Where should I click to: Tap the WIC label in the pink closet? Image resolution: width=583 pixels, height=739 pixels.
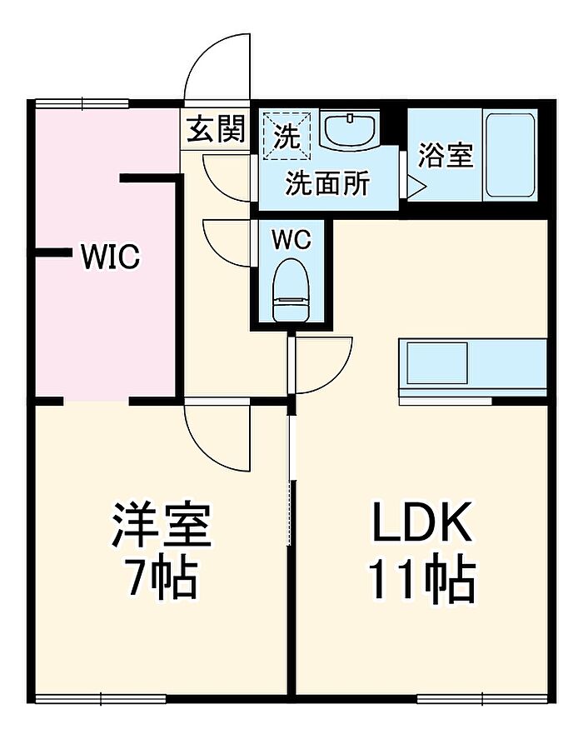110,257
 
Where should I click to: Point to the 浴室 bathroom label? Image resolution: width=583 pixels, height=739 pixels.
446,155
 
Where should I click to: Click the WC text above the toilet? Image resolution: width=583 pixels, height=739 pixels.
291,240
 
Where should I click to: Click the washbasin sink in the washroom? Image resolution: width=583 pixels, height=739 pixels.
349,128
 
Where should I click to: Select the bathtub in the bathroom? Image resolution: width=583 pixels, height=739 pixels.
511,155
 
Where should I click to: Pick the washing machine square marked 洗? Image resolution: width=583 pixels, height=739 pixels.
287,136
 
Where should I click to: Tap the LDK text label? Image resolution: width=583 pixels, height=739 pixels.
421,522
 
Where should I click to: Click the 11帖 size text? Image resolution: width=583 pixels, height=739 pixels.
421,580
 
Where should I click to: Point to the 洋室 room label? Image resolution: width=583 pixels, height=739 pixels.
162,525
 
